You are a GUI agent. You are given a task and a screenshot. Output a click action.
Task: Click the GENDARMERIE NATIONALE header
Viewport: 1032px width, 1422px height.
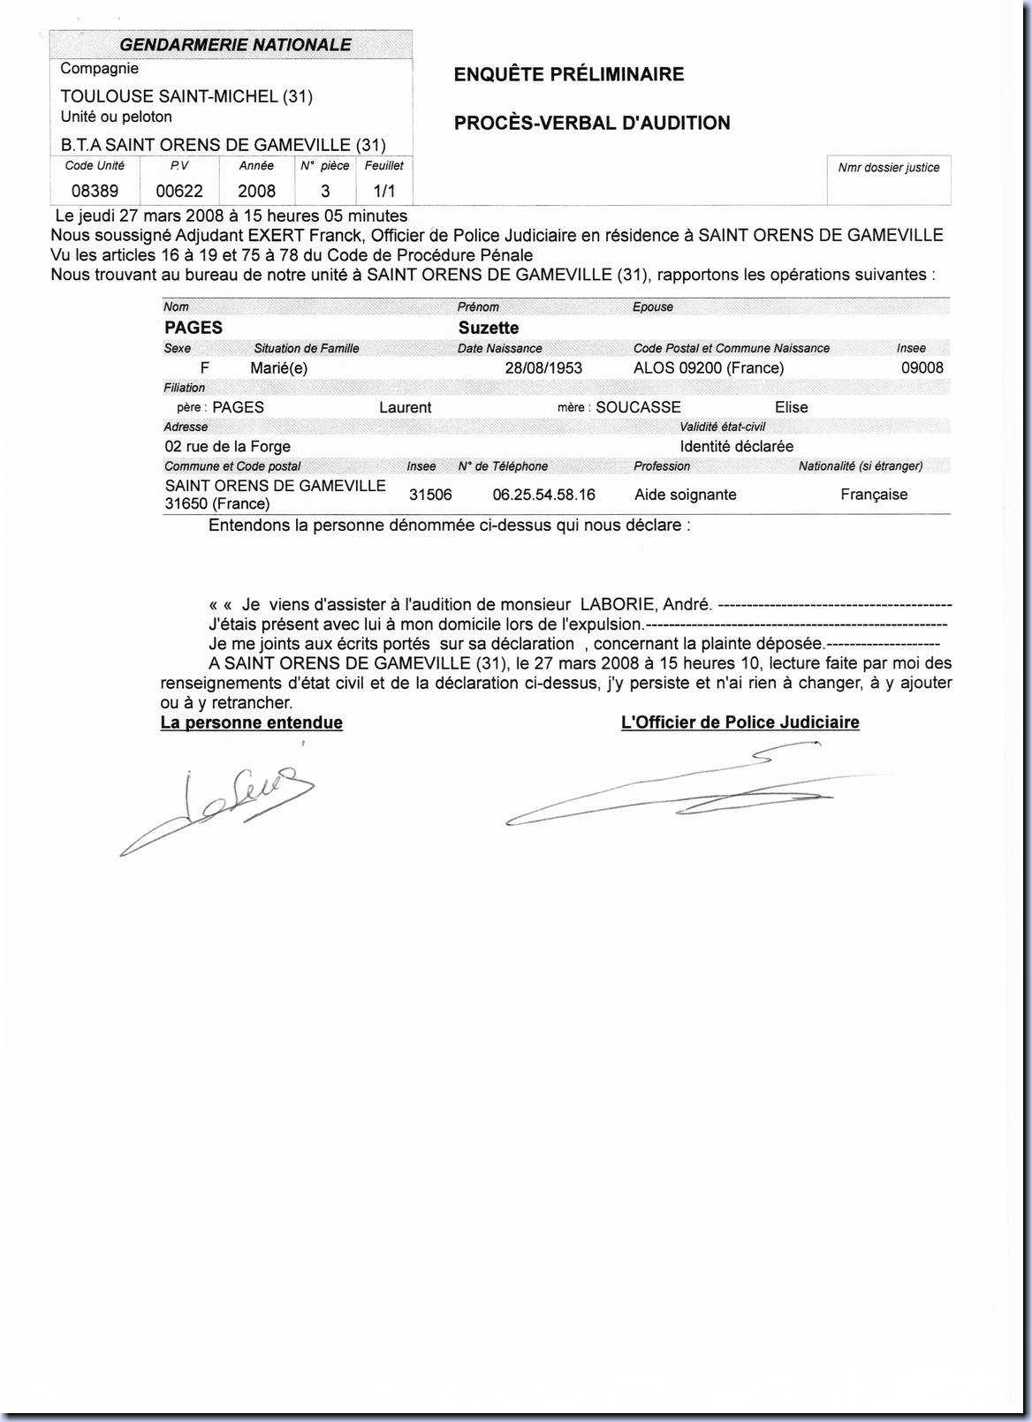pyautogui.click(x=235, y=45)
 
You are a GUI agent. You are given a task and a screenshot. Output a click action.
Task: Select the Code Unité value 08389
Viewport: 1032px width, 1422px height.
pyautogui.click(x=95, y=191)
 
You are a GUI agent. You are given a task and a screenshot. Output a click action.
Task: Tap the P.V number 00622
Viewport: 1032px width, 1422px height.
pyautogui.click(x=179, y=191)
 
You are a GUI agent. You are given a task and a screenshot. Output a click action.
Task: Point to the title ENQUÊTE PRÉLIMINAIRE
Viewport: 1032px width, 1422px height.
pyautogui.click(x=569, y=74)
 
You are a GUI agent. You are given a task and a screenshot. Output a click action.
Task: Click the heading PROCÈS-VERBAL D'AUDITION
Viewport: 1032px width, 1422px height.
pyautogui.click(x=592, y=123)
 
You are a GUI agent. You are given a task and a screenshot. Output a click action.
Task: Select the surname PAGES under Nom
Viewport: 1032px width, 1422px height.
pyautogui.click(x=193, y=328)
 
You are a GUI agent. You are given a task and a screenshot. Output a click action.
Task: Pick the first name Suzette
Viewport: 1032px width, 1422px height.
pyautogui.click(x=489, y=328)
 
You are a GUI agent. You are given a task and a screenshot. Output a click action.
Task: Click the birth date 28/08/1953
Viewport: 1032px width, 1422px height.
pyautogui.click(x=543, y=368)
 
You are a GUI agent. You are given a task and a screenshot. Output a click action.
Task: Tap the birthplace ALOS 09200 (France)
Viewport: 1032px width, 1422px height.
pyautogui.click(x=709, y=368)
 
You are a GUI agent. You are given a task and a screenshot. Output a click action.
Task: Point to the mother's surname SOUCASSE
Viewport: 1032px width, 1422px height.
pyautogui.click(x=638, y=407)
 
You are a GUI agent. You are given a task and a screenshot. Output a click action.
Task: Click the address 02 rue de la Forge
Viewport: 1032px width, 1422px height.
pyautogui.click(x=228, y=447)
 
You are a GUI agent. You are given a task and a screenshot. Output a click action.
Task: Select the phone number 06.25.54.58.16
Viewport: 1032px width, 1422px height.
pyautogui.click(x=543, y=495)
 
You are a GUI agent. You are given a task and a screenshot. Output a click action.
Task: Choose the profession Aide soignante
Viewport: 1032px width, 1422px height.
pyautogui.click(x=685, y=495)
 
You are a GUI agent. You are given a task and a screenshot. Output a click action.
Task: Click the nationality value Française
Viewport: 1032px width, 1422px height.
pyautogui.click(x=874, y=495)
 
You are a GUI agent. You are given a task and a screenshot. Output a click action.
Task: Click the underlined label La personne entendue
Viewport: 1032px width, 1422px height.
pyautogui.click(x=252, y=722)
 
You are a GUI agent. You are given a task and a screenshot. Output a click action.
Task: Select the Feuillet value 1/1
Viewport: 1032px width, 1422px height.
pyautogui.click(x=384, y=191)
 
